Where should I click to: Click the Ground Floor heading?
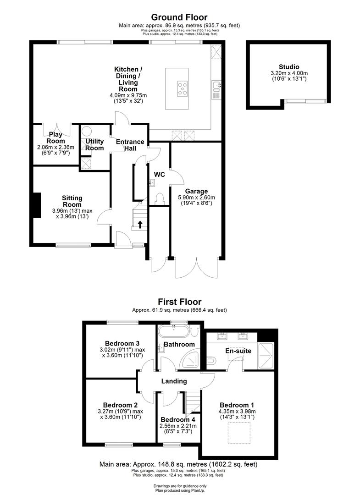pyautogui.click(x=180, y=18)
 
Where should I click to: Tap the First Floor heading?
pyautogui.click(x=180, y=302)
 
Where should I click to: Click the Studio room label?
pyautogui.click(x=289, y=67)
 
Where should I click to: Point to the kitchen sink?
pyautogui.click(x=216, y=85)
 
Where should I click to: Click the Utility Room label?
pyautogui.click(x=94, y=145)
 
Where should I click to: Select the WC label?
pyautogui.click(x=160, y=175)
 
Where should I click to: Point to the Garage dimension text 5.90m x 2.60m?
pyautogui.click(x=196, y=198)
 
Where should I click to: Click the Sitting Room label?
pyautogui.click(x=72, y=201)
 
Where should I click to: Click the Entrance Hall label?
pyautogui.click(x=130, y=145)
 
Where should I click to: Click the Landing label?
pyautogui.click(x=174, y=381)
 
